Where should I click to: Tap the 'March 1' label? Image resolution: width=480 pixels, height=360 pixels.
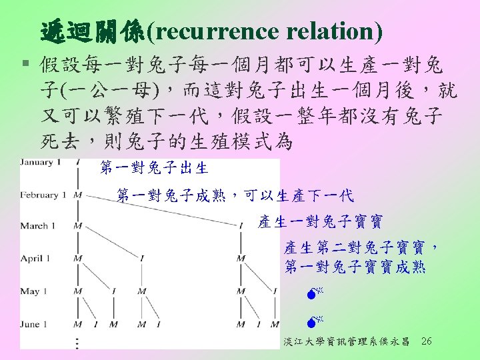[x=43, y=226]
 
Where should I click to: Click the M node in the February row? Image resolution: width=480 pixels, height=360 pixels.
[x=78, y=195]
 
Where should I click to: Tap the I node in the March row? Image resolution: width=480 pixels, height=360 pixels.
[x=241, y=226]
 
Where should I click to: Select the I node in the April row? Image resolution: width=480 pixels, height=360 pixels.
[x=142, y=258]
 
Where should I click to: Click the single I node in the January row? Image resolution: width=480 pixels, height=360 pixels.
[x=78, y=163]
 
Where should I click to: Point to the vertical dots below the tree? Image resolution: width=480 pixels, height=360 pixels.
[x=78, y=342]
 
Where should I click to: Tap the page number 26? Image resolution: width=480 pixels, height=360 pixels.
[x=427, y=341]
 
